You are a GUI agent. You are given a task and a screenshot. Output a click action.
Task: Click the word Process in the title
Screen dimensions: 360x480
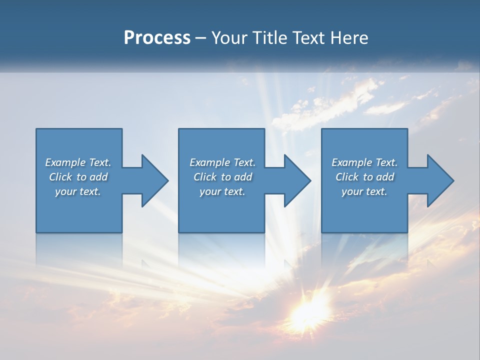[157, 38]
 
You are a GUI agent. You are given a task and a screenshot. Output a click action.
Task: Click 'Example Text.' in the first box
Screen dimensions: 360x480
[78, 162]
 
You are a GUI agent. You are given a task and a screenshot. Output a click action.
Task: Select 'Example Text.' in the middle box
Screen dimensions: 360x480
[222, 162]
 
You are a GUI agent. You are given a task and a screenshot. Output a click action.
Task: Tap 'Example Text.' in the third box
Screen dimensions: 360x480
[364, 162]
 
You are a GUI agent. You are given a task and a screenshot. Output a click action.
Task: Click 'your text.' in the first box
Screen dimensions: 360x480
[78, 191]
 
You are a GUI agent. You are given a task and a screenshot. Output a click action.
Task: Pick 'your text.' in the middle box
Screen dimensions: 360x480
[222, 191]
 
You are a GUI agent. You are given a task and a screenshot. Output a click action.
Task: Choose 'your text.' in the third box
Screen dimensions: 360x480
[364, 191]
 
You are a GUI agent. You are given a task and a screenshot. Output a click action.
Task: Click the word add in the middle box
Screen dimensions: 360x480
[243, 177]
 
